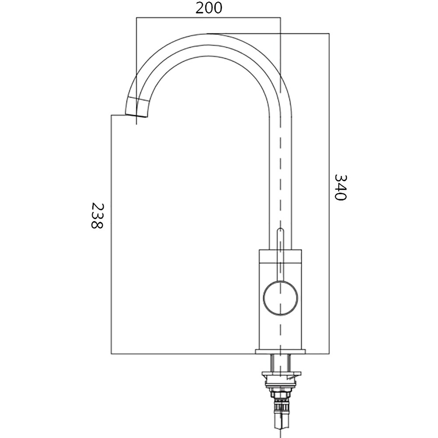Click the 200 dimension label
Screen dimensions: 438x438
208,8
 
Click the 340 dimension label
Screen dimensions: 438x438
340,187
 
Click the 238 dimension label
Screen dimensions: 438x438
98,215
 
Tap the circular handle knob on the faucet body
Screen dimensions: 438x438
280,299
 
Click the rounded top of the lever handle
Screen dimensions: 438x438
280,230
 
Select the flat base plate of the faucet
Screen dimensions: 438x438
280,351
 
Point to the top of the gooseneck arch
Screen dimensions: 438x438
209,34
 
